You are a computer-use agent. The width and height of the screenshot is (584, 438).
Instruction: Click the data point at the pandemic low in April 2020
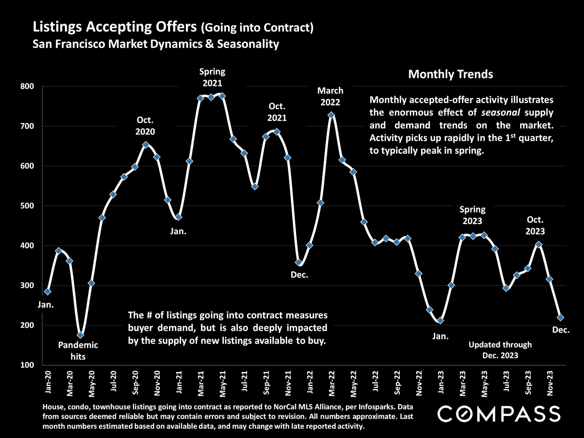pos(80,335)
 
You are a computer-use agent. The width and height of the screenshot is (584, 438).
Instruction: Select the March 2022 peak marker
pos(331,115)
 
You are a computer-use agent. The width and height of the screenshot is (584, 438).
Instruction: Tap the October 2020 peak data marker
pos(146,145)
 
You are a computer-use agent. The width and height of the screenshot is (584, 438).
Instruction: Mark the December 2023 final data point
pos(560,318)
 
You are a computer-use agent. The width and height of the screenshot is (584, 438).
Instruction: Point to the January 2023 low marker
pos(440,321)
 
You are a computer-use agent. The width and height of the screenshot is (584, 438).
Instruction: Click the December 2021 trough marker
pos(299,262)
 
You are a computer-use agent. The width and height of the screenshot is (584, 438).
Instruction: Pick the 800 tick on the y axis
pos(27,86)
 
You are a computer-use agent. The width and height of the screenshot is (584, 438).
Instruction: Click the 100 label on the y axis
pos(27,365)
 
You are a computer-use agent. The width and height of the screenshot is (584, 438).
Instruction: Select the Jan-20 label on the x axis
pos(48,382)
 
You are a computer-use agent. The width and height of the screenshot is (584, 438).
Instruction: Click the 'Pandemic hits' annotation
pos(78,351)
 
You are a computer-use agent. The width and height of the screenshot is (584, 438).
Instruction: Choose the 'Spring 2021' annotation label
pos(212,77)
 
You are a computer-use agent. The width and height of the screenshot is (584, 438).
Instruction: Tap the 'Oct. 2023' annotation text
pos(535,225)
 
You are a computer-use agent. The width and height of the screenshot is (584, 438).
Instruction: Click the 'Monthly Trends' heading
pos(450,74)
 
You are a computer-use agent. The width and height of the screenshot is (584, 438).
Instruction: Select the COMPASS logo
pos(499,414)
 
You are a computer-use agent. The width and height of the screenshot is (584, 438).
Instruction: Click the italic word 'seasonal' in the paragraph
pos(500,113)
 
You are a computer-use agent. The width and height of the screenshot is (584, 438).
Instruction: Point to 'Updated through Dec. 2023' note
pos(500,350)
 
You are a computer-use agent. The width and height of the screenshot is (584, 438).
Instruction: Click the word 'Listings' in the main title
pos(57,27)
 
